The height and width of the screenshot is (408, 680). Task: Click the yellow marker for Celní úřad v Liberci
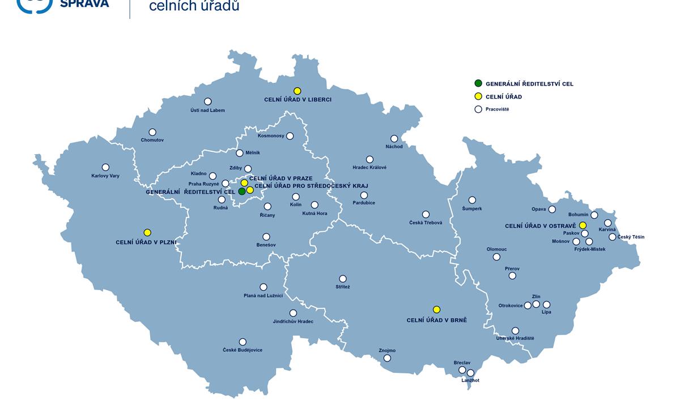[297, 91]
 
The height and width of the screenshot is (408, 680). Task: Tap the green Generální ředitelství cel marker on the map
[242, 192]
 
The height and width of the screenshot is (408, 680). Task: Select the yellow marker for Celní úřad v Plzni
[147, 233]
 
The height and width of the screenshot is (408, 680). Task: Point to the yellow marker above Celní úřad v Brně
[436, 309]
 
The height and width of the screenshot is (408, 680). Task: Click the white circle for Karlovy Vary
[105, 167]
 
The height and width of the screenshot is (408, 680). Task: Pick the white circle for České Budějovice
[243, 342]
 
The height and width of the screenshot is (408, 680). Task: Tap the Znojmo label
[387, 351]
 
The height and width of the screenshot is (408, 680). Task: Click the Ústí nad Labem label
[207, 110]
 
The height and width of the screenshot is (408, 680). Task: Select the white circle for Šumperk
[472, 200]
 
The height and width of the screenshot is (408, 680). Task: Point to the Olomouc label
[496, 249]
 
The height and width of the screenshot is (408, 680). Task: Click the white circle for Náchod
[394, 139]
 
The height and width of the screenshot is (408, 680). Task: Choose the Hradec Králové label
[369, 168]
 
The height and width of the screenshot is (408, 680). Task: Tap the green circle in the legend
[478, 84]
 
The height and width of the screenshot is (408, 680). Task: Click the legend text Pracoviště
[497, 109]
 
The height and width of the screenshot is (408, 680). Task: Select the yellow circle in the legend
[478, 97]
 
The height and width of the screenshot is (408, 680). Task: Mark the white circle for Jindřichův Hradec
[293, 313]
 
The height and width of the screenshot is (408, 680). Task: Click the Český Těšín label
[631, 237]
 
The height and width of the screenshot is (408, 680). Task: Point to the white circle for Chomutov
[152, 132]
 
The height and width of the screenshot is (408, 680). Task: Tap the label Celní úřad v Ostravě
[540, 226]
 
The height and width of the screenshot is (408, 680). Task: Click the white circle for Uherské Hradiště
[515, 331]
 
